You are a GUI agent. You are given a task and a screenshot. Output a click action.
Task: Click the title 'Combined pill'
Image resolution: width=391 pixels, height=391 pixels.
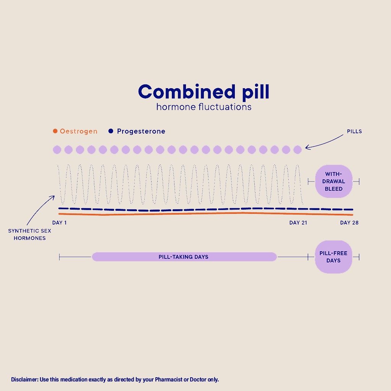(x=204, y=92)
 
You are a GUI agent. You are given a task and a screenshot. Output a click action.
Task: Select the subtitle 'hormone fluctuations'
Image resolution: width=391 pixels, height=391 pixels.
(x=204, y=107)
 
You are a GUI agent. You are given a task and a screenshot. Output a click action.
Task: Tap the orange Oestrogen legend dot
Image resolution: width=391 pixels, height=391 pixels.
(x=55, y=131)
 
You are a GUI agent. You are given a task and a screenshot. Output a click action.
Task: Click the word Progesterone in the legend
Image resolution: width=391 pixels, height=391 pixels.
(x=141, y=131)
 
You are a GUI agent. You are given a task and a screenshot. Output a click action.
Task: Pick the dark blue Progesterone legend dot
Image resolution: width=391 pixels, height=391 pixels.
(x=111, y=131)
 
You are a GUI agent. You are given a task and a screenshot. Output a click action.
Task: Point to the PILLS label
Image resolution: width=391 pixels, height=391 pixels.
(x=354, y=131)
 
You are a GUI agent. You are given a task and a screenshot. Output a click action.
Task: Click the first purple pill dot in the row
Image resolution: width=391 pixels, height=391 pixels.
(x=57, y=150)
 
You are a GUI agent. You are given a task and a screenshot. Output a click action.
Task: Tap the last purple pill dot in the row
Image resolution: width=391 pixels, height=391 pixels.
(x=297, y=150)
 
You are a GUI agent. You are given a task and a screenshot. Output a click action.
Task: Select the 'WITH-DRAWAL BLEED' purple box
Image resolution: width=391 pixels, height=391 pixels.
(x=333, y=181)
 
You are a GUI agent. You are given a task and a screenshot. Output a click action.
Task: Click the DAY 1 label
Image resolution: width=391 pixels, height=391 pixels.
(x=59, y=223)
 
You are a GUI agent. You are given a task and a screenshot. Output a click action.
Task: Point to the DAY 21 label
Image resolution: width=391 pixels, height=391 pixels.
(x=298, y=223)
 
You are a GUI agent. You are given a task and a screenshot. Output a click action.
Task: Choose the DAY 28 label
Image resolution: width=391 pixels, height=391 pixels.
(x=349, y=223)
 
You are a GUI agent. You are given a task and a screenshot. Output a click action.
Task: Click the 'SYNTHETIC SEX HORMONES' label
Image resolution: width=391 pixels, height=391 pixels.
(x=29, y=234)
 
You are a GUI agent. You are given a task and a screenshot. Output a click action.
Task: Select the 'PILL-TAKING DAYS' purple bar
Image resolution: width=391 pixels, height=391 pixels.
(x=184, y=257)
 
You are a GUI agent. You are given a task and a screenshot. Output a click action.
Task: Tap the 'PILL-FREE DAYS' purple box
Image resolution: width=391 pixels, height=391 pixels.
(x=333, y=257)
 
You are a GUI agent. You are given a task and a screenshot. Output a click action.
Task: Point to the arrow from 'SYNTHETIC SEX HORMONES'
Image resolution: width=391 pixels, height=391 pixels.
(x=40, y=210)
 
